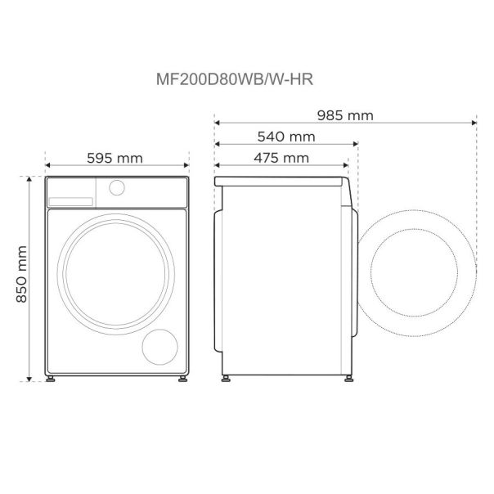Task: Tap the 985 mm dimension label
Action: click(x=345, y=115)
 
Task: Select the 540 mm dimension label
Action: click(x=286, y=136)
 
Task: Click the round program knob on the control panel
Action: click(x=118, y=188)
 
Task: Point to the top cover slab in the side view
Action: click(x=282, y=179)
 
